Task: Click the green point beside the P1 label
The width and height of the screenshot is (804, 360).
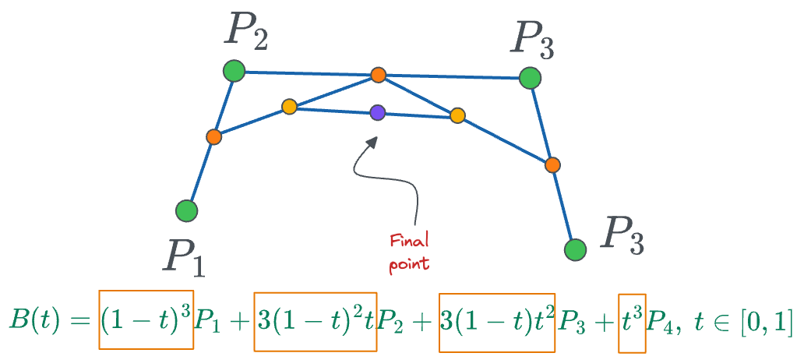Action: tap(186, 210)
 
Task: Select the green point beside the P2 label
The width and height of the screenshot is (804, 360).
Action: tap(233, 72)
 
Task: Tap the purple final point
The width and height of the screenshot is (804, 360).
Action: tap(378, 112)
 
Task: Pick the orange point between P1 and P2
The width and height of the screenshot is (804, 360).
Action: tap(214, 137)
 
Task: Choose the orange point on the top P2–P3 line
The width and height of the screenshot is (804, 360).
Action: tap(378, 75)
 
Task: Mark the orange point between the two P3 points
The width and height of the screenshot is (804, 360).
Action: tap(552, 165)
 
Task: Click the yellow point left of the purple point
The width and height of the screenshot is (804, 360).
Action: tap(289, 107)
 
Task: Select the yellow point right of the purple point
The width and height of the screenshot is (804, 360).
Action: tap(458, 116)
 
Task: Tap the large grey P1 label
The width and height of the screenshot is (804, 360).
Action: tap(183, 257)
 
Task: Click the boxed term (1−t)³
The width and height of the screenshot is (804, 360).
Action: tap(146, 320)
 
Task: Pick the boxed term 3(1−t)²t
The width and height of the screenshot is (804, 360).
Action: tap(316, 320)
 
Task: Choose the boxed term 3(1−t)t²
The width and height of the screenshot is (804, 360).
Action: tap(496, 320)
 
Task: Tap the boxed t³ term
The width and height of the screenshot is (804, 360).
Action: tap(632, 320)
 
